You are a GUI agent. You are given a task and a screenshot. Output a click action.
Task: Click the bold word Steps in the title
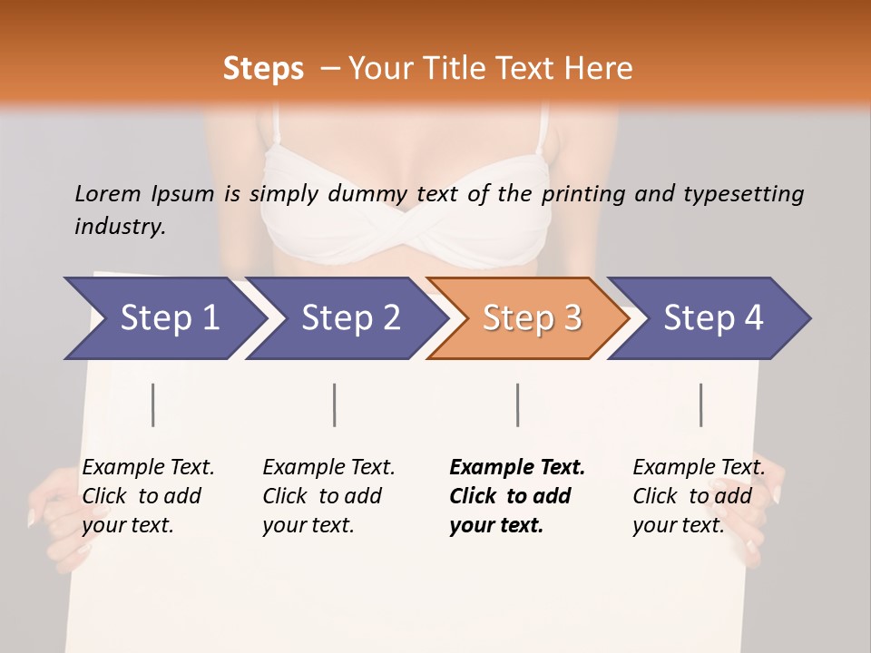tap(263, 69)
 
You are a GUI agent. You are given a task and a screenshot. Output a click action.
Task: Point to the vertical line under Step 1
tap(153, 404)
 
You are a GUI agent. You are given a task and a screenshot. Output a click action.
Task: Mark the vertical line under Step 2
tap(335, 404)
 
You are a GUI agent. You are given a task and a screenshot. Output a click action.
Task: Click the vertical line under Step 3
tap(518, 404)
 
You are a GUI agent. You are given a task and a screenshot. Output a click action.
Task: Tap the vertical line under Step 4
tap(701, 404)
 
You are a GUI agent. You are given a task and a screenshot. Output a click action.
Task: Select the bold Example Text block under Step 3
tap(517, 496)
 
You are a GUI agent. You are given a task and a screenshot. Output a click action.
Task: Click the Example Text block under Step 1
tap(148, 496)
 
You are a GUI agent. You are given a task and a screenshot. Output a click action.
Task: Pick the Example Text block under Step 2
tap(328, 496)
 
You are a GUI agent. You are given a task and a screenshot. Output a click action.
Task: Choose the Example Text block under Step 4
tap(699, 496)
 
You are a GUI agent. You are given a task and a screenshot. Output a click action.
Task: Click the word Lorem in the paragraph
tap(108, 194)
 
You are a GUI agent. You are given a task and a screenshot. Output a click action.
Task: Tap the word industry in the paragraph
tap(119, 227)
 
